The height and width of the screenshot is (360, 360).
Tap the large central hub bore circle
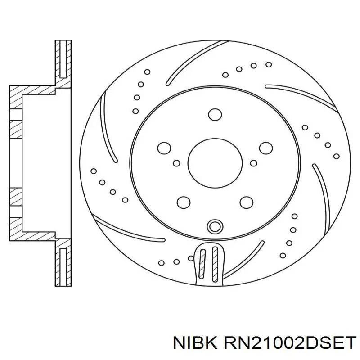tap(215, 163)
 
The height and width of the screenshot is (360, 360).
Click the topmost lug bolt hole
tap(215, 115)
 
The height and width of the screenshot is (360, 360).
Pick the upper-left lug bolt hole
tap(164, 148)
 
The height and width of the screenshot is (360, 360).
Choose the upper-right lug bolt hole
tap(266, 148)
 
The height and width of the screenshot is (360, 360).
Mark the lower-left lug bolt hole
tap(184, 202)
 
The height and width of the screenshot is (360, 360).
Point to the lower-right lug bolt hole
tap(247, 202)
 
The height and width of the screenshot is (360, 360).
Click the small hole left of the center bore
tap(176, 163)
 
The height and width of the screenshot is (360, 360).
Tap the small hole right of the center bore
tap(253, 163)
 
